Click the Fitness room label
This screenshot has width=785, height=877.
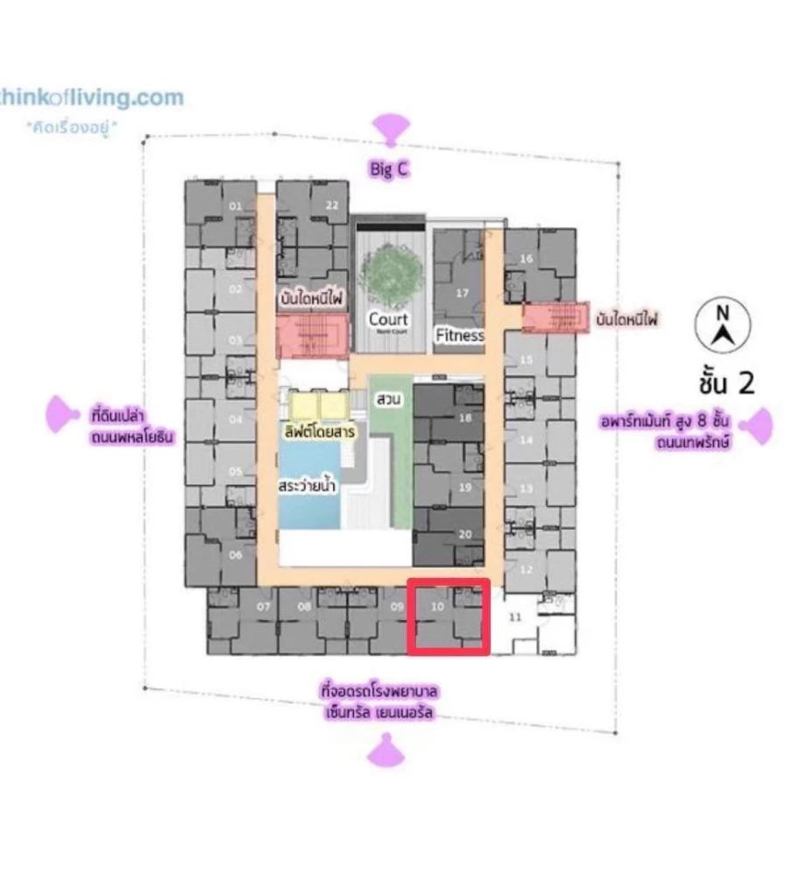[x=460, y=335]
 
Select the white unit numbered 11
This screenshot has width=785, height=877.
[x=515, y=617]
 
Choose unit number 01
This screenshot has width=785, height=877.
[x=235, y=206]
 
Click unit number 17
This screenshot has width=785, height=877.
[x=463, y=293]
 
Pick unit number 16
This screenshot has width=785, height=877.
[x=527, y=259]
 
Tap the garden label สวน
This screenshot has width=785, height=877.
[x=388, y=399]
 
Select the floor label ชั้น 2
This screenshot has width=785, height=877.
[x=726, y=383]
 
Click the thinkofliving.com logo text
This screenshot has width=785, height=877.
[x=92, y=96]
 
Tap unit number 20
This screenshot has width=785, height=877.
[x=465, y=533]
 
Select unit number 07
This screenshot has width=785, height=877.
[x=264, y=606]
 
